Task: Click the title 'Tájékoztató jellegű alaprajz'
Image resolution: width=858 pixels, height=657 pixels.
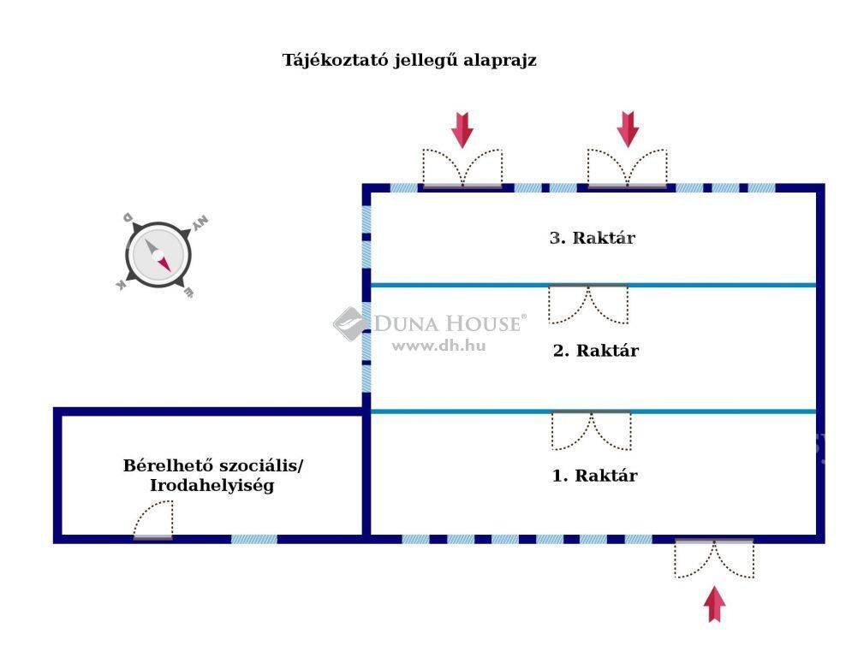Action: coord(409,60)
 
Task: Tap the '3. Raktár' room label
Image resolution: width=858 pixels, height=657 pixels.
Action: coord(592,238)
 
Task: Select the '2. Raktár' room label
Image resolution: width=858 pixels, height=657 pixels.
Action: coord(595,351)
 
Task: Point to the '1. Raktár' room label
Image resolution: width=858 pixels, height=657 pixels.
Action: coord(594,476)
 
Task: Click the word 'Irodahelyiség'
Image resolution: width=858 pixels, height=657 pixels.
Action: coord(212,485)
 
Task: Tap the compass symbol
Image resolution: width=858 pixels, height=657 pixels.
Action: coord(158,255)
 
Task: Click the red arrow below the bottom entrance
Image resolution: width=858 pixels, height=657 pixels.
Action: coord(714,604)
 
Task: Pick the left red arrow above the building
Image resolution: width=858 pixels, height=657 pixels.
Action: coord(462,130)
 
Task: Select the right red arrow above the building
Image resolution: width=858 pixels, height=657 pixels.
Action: coord(628,129)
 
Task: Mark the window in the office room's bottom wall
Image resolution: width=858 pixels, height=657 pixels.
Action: coord(254,539)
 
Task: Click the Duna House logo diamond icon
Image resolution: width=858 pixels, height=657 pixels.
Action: coord(351,323)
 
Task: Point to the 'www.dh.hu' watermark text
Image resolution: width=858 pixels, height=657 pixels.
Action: coord(439,346)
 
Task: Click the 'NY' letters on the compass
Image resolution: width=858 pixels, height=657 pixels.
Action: coord(200,223)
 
